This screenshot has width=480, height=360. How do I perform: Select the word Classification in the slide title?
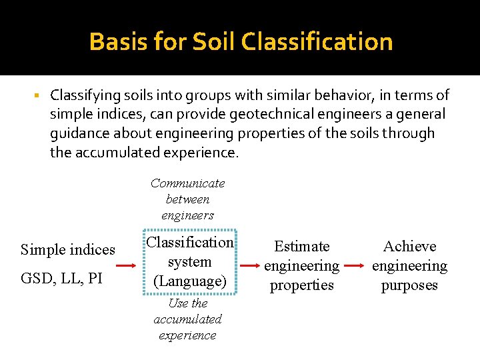317,42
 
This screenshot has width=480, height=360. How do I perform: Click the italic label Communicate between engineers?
187,199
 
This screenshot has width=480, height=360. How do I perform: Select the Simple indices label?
68,250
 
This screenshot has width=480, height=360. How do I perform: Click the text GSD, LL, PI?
62,278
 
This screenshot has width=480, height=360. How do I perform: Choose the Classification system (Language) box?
190,262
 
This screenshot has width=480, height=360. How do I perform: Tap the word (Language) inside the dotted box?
190,281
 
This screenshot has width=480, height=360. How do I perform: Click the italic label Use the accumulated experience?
187,319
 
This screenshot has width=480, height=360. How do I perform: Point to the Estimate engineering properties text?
301,265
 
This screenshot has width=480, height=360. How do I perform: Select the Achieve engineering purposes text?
409,265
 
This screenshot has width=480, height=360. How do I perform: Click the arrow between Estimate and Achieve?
355,265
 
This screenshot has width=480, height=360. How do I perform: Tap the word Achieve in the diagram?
409,246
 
